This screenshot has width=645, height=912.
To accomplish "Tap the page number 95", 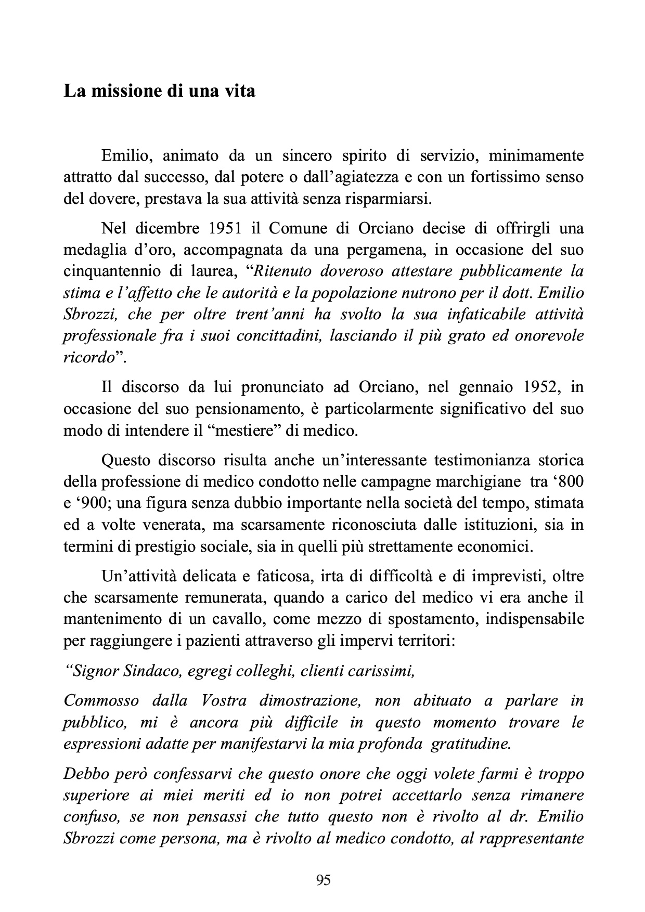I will click(323, 880).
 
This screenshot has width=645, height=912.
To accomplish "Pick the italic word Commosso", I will click(101, 700).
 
